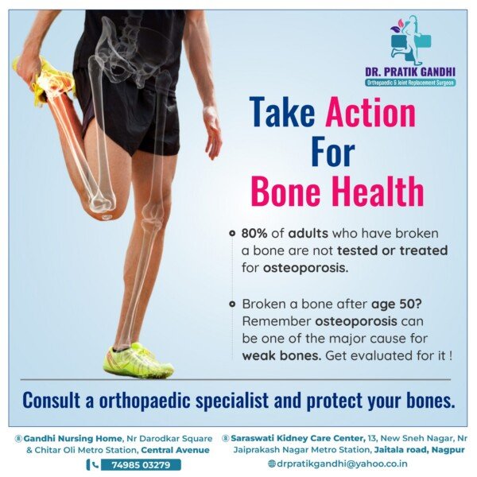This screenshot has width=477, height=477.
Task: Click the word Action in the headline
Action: (370, 112)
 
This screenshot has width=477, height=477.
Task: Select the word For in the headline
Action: (333, 151)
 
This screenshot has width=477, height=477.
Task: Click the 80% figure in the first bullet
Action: (254, 234)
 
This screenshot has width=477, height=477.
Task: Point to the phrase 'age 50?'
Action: (397, 304)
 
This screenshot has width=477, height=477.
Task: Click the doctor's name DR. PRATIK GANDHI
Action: (410, 72)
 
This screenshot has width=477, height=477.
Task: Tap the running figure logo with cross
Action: (411, 39)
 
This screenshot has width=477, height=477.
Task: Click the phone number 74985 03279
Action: (141, 465)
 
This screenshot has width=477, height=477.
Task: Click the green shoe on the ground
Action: (138, 360)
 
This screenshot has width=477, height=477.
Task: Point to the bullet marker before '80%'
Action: (232, 233)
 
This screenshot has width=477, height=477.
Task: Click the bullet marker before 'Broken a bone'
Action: (232, 304)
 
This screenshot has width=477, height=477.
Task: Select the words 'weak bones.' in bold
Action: (281, 355)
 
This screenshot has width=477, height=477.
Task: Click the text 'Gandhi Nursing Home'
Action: (72, 438)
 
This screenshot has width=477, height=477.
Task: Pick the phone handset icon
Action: (95, 465)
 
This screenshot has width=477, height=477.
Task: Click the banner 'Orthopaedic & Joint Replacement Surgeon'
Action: (410, 83)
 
